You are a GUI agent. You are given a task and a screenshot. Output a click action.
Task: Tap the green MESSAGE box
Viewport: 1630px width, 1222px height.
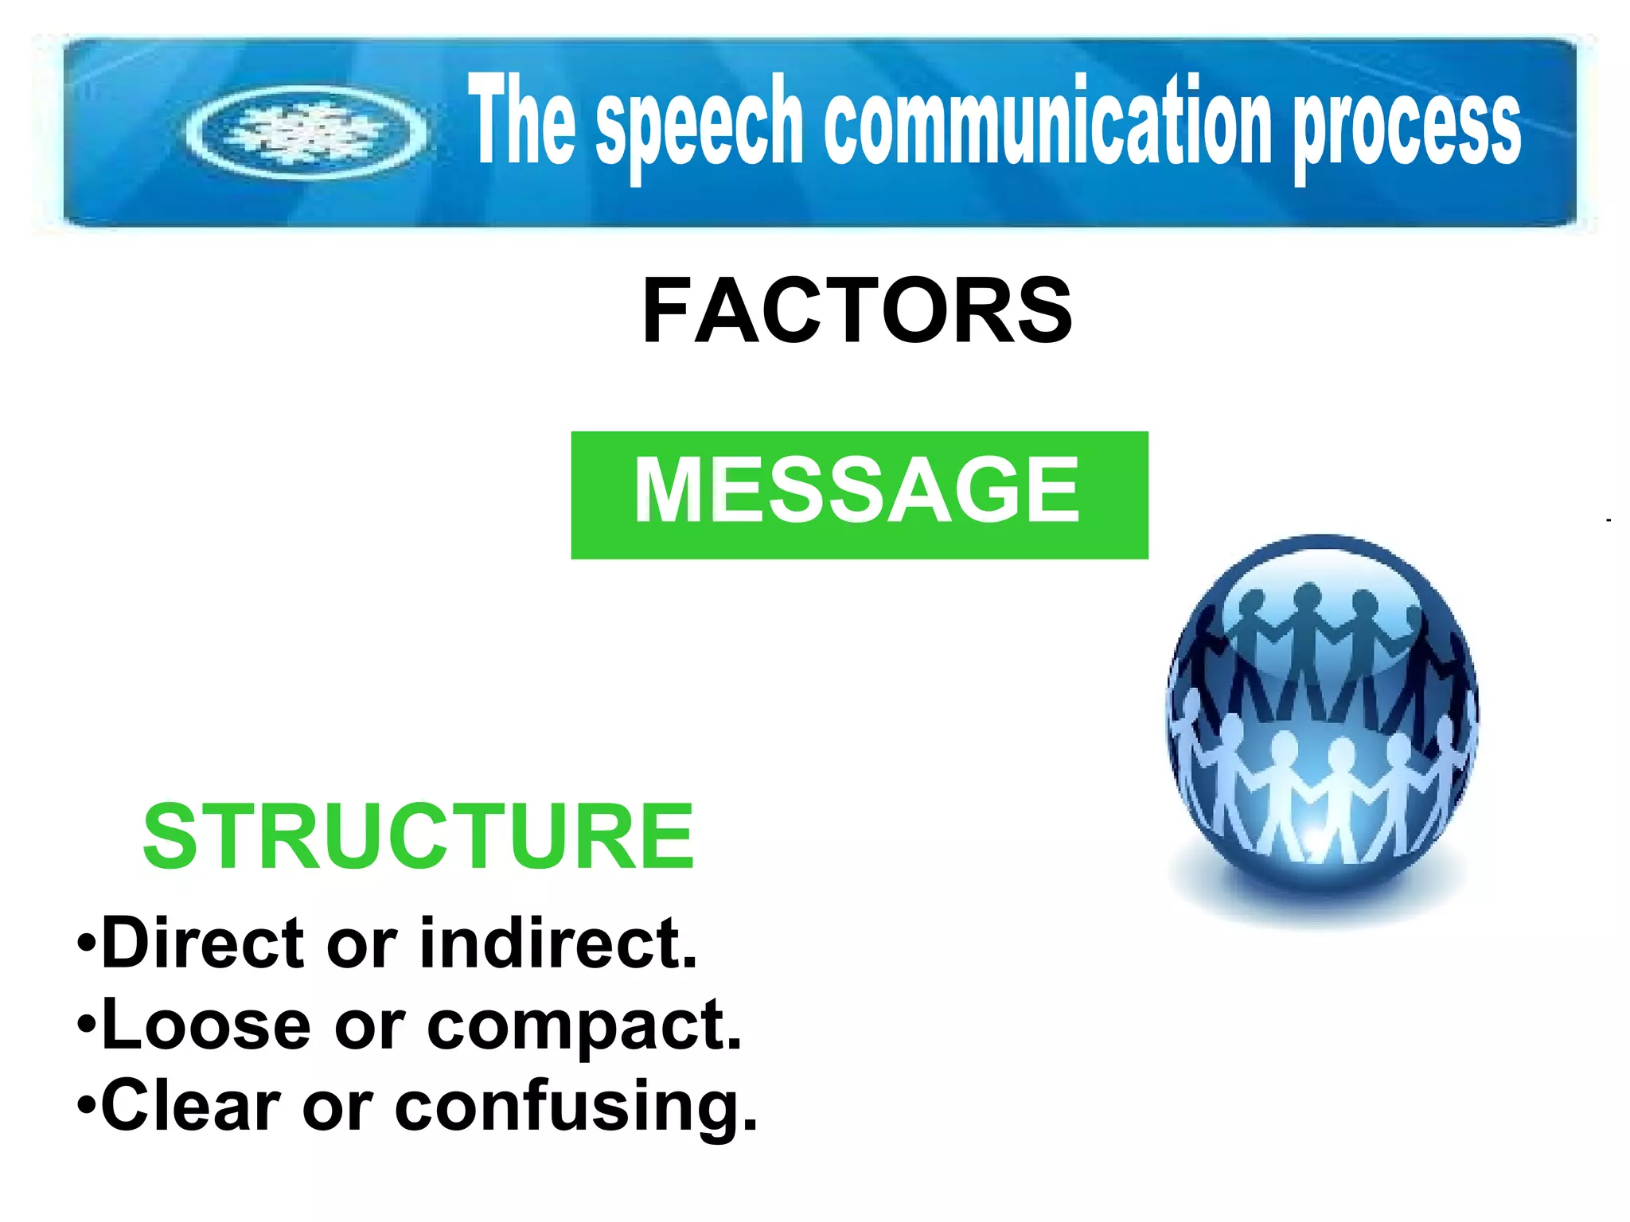point(859,495)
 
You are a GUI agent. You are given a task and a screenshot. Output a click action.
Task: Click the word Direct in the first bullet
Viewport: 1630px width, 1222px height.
point(203,944)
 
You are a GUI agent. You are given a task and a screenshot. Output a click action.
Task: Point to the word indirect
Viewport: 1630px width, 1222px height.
point(558,944)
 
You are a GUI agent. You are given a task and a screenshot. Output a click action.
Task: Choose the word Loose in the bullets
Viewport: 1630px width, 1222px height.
point(206,1025)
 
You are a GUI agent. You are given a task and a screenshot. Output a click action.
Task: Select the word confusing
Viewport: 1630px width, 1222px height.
point(575,1108)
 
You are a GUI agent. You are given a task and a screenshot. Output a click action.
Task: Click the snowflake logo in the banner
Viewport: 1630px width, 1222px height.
point(307,132)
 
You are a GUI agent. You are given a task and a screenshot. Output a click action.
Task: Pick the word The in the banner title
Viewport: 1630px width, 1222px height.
point(521,119)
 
